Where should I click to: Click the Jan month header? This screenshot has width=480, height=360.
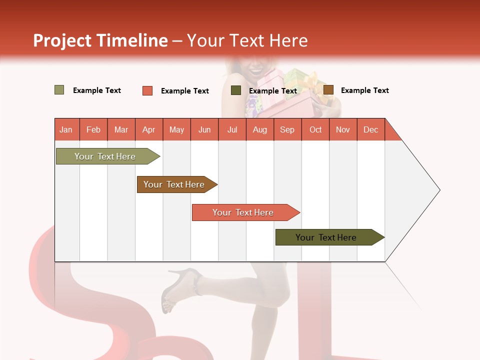[66, 130]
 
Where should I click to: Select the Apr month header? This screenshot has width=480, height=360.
[148, 130]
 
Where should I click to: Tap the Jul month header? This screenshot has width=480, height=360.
[232, 130]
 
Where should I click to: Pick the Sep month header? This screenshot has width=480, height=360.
[287, 130]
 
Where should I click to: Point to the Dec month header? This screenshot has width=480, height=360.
[370, 130]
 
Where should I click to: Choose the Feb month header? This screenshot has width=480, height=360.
[93, 130]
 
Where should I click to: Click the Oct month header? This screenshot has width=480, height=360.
[315, 130]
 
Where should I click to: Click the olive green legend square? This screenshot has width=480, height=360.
[59, 90]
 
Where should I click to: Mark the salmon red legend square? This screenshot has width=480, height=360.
[147, 90]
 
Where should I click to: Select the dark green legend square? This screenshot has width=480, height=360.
[236, 90]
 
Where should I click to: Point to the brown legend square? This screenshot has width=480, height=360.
[328, 90]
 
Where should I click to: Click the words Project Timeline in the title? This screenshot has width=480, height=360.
[100, 40]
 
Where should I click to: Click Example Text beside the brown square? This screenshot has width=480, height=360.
[364, 90]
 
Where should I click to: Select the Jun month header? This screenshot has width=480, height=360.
[204, 130]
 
